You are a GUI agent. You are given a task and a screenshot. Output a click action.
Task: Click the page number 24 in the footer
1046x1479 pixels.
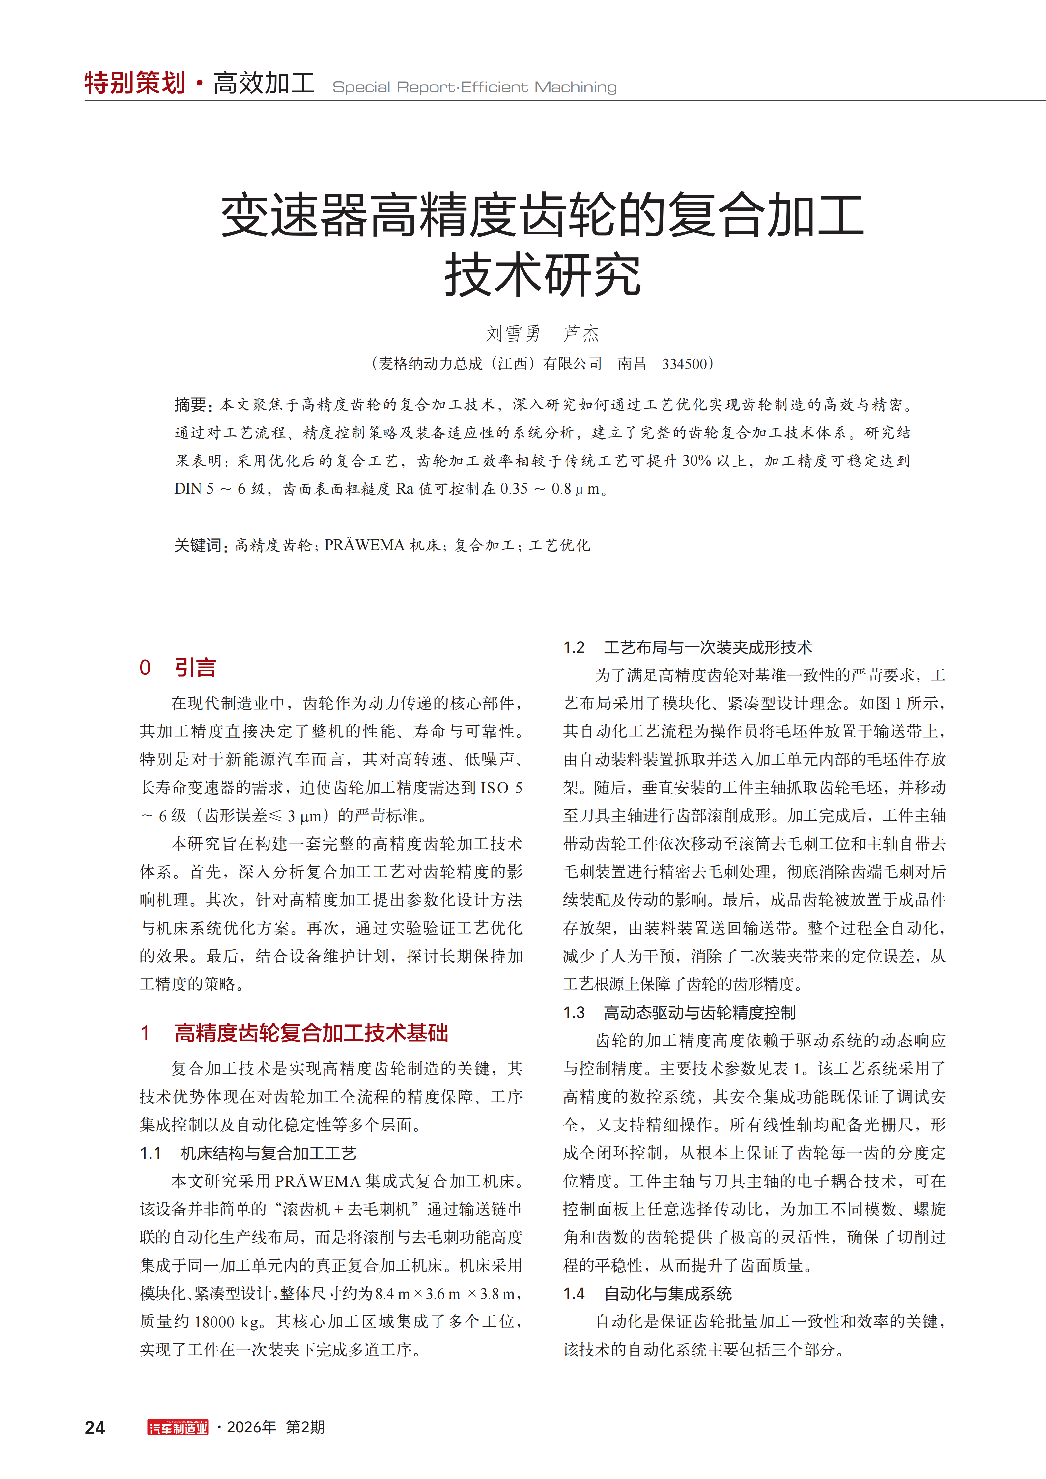95,1428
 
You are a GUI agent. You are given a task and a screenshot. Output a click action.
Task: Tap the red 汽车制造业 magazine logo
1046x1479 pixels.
178,1428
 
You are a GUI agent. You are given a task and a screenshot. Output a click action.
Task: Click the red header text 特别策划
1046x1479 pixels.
135,83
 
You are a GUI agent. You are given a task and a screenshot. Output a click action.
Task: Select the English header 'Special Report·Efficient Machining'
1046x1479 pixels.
474,87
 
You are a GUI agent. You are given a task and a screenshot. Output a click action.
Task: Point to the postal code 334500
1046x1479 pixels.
685,364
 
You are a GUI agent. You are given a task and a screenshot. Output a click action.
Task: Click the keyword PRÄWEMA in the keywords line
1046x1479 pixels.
365,546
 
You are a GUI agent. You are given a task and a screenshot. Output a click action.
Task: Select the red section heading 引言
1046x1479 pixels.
195,667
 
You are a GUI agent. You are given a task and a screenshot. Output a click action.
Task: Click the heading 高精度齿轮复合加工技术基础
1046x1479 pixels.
311,1033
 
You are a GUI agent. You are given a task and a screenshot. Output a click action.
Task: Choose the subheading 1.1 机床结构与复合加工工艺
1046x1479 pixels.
248,1153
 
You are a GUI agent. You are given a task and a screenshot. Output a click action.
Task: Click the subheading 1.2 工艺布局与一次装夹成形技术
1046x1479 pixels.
687,647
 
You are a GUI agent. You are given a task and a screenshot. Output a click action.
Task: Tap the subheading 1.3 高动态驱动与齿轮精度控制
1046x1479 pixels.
679,1013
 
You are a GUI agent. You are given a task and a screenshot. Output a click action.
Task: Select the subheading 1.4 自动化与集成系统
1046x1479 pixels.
647,1294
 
